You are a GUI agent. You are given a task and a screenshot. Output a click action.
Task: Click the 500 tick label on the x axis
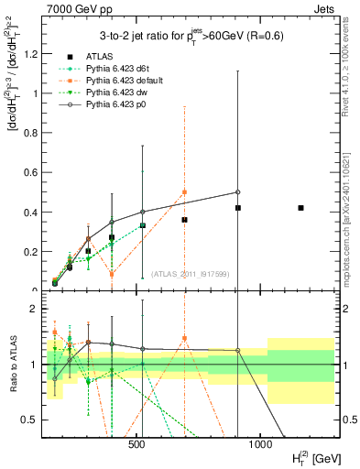click(136, 444)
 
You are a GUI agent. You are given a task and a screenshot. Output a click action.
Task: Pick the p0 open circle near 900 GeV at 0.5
click(237, 192)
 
